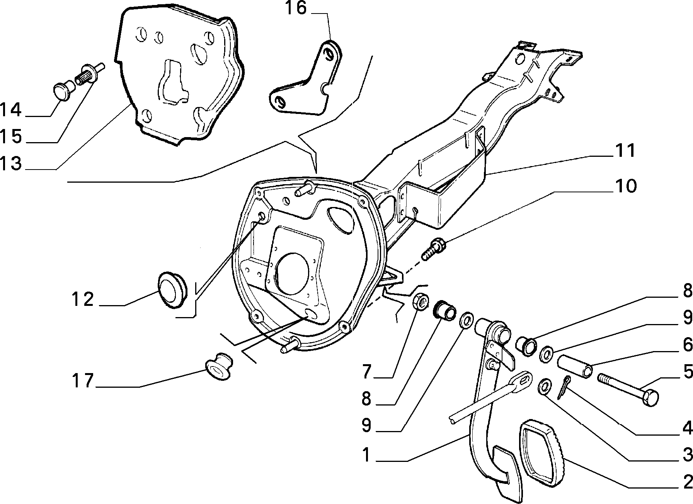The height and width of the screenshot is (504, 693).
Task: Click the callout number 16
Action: [296, 8]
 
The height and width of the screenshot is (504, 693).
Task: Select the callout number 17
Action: [83, 381]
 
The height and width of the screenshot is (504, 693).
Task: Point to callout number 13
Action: [10, 164]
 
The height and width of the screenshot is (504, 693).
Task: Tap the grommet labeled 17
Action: [218, 365]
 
